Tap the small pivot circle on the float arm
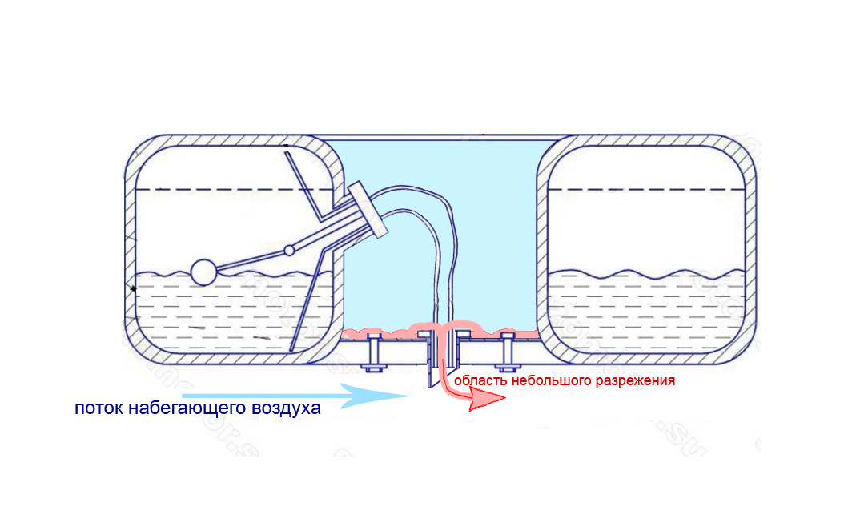click(x=289, y=251)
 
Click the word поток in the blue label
click(x=99, y=408)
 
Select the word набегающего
click(x=189, y=408)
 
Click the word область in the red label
click(x=479, y=381)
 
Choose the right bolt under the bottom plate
click(x=506, y=353)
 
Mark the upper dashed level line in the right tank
click(x=649, y=189)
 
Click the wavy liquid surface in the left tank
click(x=264, y=276)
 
